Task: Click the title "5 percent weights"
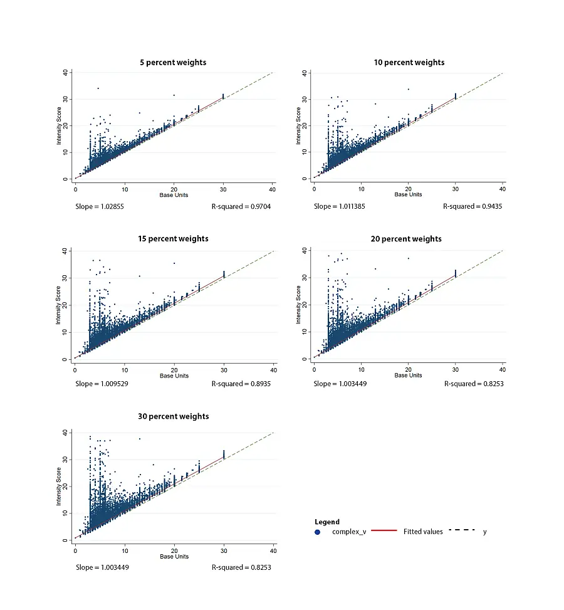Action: pos(174,62)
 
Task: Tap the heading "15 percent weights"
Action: pos(174,238)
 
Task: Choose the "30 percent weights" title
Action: pos(174,416)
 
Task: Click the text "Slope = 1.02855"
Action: pos(97,206)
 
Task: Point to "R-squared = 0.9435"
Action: pos(473,206)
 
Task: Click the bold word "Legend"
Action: pos(327,522)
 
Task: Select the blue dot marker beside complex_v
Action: pos(318,532)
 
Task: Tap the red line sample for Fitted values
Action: pos(384,531)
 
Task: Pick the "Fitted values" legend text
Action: pos(423,532)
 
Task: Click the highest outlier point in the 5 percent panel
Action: pos(98,88)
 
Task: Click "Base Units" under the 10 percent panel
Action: pos(409,194)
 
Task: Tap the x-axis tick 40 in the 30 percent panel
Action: pos(273,551)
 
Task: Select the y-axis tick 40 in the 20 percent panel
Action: pos(304,251)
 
